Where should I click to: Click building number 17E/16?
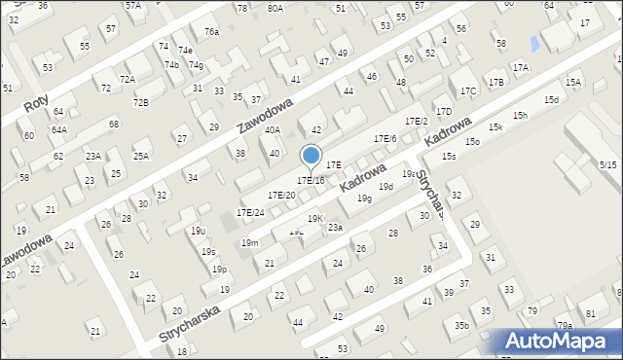(x=311, y=180)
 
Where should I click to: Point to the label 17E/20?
(x=281, y=195)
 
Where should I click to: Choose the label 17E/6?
(x=385, y=140)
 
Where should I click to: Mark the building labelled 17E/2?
(x=416, y=122)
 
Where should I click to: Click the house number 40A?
(x=273, y=129)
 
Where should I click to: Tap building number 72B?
(x=142, y=102)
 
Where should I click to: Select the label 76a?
(x=211, y=32)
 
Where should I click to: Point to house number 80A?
(x=275, y=9)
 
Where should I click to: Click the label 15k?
(x=496, y=127)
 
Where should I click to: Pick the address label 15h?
(x=521, y=116)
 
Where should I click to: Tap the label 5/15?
(x=608, y=165)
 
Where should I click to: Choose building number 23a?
(x=335, y=227)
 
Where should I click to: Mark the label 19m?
(x=250, y=242)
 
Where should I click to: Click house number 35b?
(x=461, y=325)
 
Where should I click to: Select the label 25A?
(x=142, y=156)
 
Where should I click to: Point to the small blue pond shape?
(x=534, y=44)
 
